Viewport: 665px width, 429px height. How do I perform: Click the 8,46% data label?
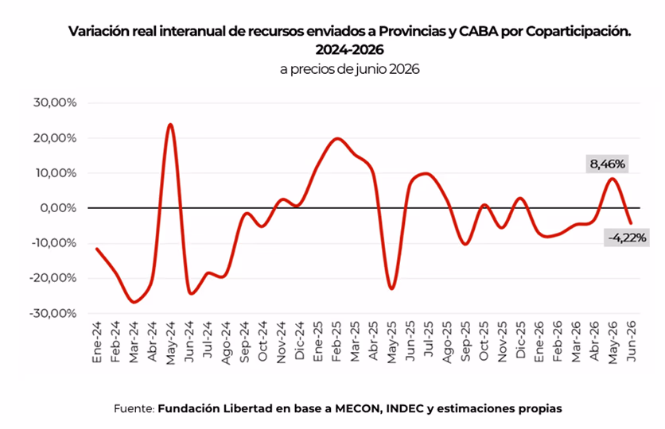607,164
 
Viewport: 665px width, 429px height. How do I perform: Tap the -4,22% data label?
627,238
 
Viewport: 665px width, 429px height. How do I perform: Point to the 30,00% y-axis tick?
55,102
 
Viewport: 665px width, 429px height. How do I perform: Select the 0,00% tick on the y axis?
58,208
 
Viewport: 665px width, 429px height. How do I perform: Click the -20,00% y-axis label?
53,278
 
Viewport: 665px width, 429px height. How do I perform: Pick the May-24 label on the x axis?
170,342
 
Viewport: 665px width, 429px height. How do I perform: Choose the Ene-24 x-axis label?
97,342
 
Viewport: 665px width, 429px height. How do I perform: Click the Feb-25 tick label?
336,342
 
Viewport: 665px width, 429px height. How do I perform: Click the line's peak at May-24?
170,125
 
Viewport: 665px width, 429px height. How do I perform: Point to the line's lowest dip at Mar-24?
134,303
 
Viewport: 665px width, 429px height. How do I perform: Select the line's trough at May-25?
391,289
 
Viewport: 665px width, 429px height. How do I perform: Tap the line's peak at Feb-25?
337,138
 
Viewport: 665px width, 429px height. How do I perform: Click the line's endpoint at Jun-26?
631,223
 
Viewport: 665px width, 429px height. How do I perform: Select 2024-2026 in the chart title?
349,50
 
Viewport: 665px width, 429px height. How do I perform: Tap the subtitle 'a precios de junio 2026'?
349,69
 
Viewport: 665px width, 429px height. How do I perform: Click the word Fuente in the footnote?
134,408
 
